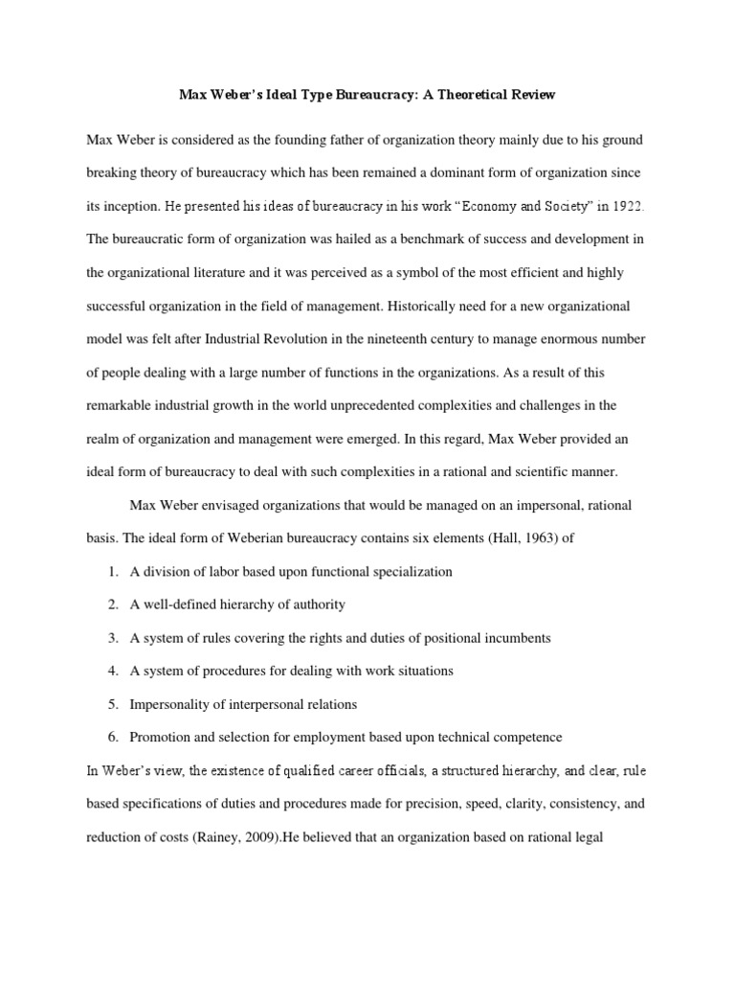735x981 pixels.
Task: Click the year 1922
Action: click(628, 207)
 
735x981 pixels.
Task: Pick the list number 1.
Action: click(113, 572)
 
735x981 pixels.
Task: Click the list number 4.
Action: click(113, 671)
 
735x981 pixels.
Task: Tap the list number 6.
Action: click(113, 737)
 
